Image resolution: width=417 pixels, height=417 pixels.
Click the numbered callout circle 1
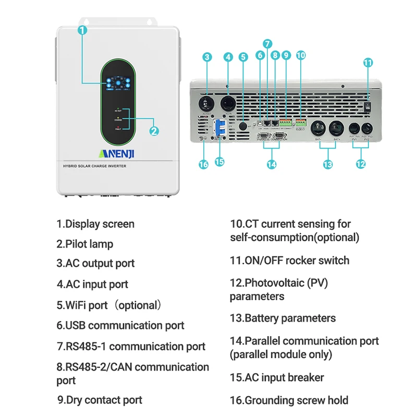(82, 30)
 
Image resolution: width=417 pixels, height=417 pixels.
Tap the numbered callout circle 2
(154, 131)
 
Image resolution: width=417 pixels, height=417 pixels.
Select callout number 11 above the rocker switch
(368, 63)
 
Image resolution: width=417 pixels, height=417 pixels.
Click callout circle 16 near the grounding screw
(203, 164)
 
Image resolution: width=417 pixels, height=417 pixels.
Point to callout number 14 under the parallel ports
(271, 164)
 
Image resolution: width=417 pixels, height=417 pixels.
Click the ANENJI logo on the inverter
(117, 153)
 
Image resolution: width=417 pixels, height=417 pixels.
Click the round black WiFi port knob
(243, 126)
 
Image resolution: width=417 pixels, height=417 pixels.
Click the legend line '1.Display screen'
(95, 224)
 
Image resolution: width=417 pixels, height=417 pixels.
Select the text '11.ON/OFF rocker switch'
(289, 261)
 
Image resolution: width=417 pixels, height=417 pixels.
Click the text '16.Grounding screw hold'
(289, 400)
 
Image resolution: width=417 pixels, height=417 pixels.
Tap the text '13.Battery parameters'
(283, 318)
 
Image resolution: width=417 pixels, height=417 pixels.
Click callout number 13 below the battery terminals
(327, 164)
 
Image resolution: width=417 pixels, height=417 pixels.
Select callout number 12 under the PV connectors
(361, 164)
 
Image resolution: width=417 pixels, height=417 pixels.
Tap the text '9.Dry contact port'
(100, 400)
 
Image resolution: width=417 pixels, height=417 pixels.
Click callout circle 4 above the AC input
(228, 57)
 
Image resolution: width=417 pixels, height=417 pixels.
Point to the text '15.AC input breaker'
(277, 377)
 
